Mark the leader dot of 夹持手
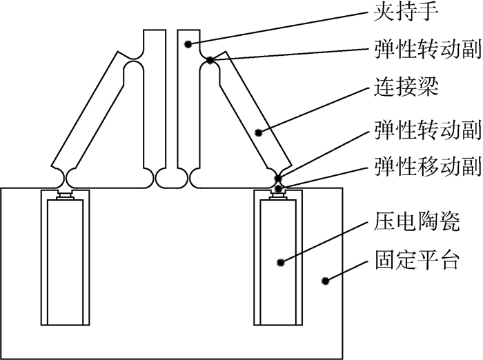click(187, 44)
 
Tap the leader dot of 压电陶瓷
click(282, 261)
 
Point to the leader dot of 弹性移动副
click(278, 188)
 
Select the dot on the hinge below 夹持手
click(209, 60)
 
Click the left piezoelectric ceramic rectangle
click(66, 262)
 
